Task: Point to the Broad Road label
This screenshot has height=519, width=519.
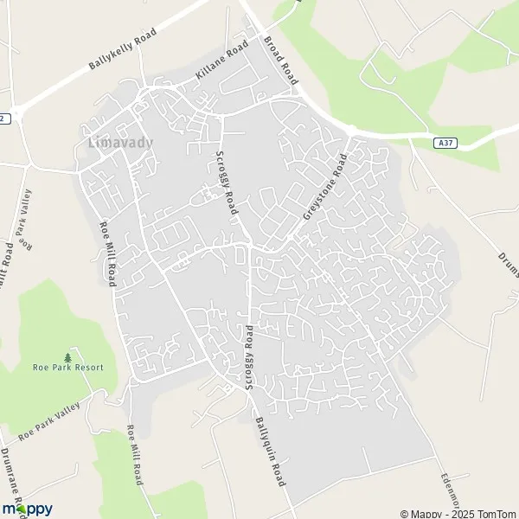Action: click(281, 60)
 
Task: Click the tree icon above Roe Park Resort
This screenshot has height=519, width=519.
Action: click(68, 356)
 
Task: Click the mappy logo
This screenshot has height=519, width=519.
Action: click(27, 509)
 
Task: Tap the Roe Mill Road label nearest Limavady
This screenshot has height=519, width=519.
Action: click(109, 251)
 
